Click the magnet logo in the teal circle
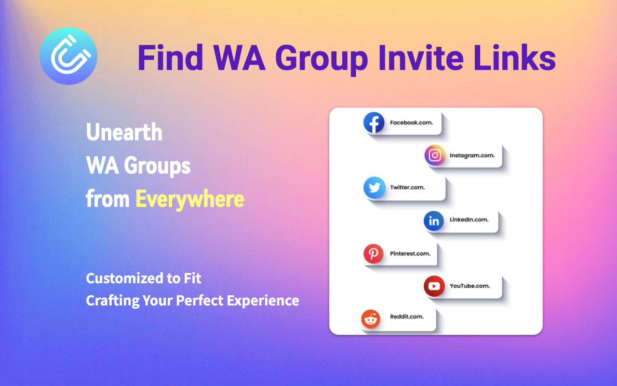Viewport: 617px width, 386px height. point(68,56)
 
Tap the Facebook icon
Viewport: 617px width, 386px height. point(374,123)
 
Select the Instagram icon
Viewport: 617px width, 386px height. point(435,155)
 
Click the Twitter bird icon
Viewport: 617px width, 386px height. point(374,188)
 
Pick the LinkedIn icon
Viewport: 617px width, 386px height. point(434,221)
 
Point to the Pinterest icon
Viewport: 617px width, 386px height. point(374,254)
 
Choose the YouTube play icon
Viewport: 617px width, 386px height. point(434,286)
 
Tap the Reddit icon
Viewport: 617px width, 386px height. point(371,318)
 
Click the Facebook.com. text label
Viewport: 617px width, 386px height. point(411,123)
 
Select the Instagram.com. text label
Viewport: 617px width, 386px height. point(472,155)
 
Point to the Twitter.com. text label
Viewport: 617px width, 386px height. point(407,187)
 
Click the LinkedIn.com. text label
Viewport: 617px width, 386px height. point(469,220)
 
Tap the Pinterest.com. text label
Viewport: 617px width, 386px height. point(410,253)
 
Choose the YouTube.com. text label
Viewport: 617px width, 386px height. point(470,286)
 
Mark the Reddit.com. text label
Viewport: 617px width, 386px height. point(407,317)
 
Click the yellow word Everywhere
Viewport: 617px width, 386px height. point(189,199)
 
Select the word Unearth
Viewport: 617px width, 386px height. point(124,132)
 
